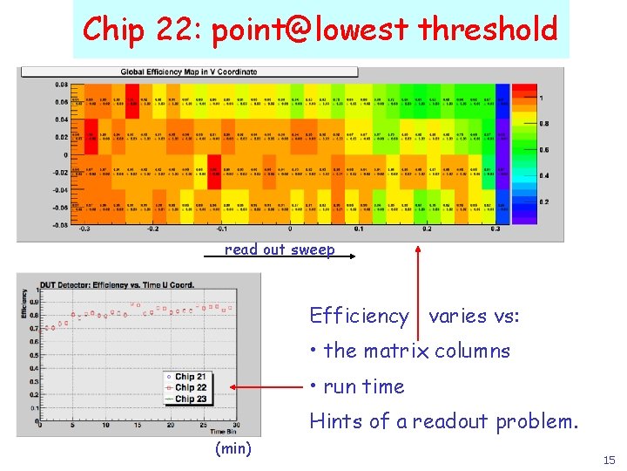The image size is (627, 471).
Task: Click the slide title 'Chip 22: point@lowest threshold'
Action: pos(320,30)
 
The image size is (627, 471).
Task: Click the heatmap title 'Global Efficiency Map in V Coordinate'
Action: pos(189,72)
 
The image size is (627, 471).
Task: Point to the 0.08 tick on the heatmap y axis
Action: pos(62,85)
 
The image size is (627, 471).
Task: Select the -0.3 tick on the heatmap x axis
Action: pos(84,229)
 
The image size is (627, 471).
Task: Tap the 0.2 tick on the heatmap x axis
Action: pos(427,229)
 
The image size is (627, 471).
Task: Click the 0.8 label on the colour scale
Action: pos(544,124)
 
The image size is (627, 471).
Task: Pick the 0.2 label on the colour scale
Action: pos(544,202)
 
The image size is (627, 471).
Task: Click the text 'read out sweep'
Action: pos(279,249)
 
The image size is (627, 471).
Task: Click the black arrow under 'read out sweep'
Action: pos(279,258)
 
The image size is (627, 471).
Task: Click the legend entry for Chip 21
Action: pos(190,377)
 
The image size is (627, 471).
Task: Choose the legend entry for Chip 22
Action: pos(190,387)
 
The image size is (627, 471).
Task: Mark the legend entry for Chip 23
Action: pos(190,399)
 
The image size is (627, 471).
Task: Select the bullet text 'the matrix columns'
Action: pos(416,351)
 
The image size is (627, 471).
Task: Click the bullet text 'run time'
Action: pos(364,386)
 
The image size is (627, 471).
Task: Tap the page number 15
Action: pos(609,460)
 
